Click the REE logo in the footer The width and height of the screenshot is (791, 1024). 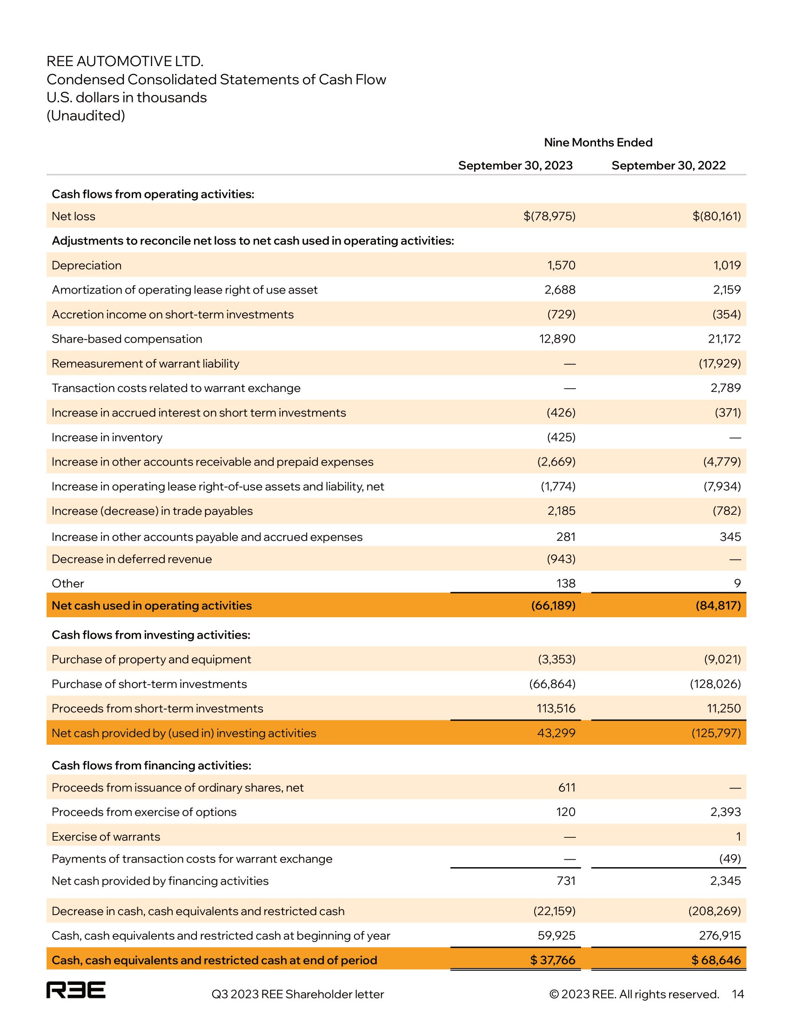(76, 990)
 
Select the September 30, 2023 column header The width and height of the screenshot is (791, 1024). (515, 166)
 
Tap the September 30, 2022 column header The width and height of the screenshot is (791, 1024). (668, 166)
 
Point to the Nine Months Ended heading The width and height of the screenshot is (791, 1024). (598, 142)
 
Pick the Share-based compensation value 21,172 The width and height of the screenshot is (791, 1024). (724, 339)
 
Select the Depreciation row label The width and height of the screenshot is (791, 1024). (87, 265)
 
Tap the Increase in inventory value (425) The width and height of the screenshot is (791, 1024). (561, 438)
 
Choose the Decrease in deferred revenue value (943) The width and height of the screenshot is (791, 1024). (561, 559)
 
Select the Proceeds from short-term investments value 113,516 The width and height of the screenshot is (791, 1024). (556, 708)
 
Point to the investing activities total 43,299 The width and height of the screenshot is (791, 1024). (556, 733)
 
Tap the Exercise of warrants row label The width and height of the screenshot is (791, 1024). (106, 836)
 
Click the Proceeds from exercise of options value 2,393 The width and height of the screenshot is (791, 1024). (725, 812)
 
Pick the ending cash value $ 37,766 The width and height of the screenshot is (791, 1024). (552, 960)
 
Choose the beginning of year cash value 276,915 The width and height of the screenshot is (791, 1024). (720, 936)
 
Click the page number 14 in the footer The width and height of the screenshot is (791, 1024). (737, 995)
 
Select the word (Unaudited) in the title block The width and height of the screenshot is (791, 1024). (86, 116)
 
